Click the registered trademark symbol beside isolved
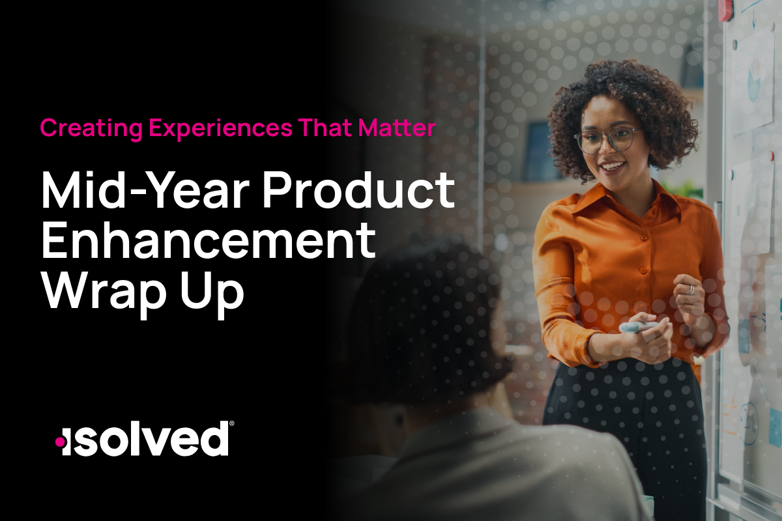pos(231,425)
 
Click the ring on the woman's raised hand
pos(691,290)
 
